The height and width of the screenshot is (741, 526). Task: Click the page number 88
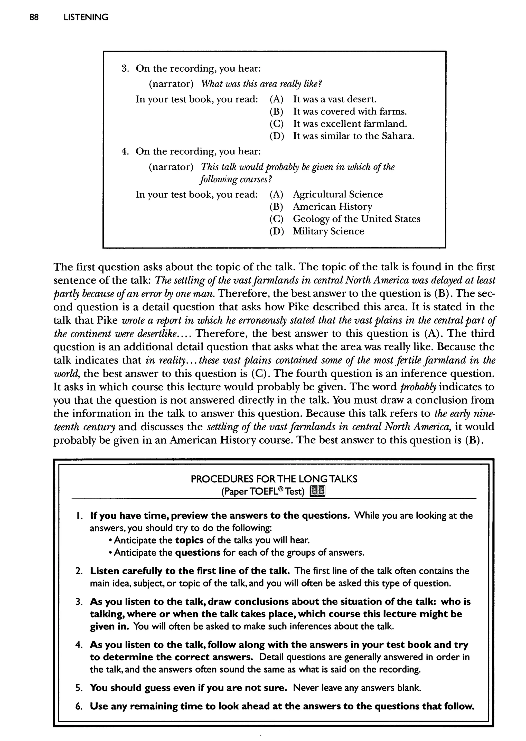tap(34, 17)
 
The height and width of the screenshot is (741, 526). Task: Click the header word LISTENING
tap(86, 17)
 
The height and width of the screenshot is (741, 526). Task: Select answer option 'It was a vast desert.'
tap(335, 99)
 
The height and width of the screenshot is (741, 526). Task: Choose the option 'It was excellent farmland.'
tap(350, 124)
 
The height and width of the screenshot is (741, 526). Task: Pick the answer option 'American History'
tap(332, 206)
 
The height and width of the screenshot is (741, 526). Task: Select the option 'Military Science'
tap(328, 231)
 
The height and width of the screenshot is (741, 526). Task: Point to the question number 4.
tap(125, 151)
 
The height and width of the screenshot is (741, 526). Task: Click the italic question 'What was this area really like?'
tap(261, 84)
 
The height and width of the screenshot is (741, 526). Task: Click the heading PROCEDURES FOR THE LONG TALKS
tap(274, 479)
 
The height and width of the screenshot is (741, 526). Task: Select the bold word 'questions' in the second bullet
tap(198, 553)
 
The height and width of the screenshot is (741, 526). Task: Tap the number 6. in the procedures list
tap(79, 706)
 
